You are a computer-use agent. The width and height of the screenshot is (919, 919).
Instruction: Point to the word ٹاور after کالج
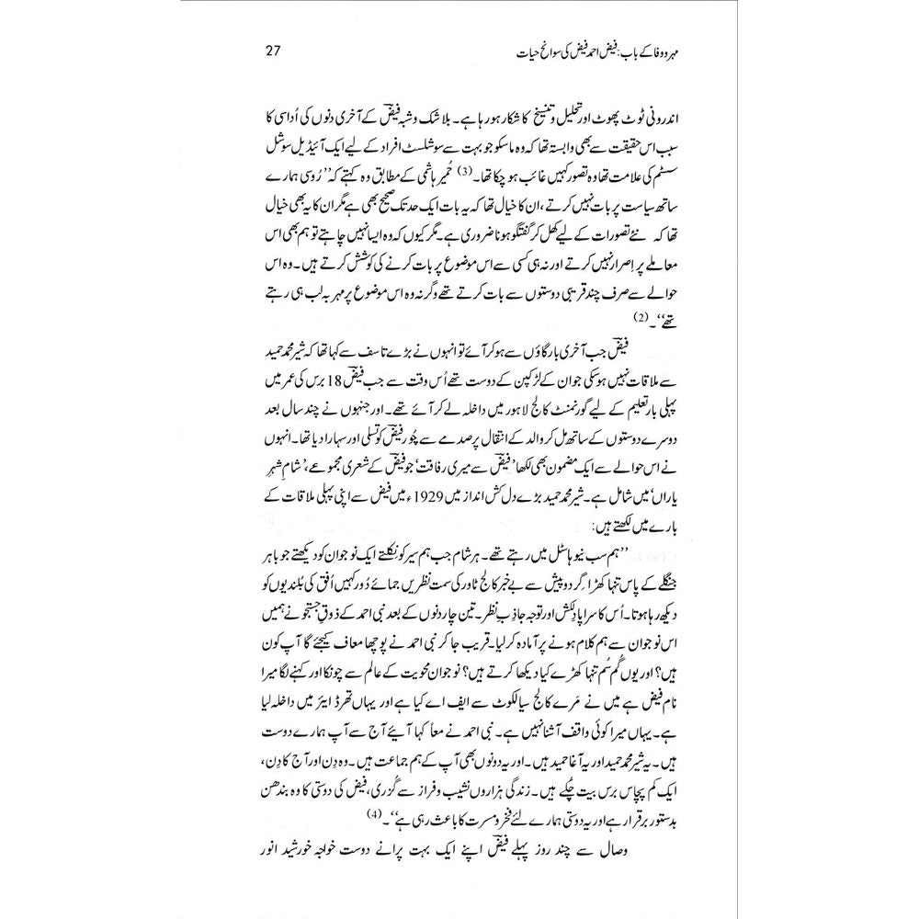[474, 569]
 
